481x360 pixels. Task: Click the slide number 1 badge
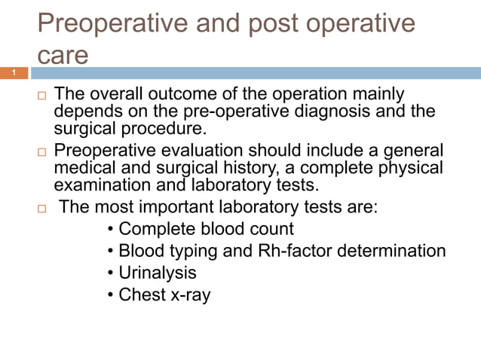(14, 73)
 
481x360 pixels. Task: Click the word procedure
(149, 128)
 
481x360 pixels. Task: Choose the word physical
(406, 166)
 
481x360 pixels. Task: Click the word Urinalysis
(158, 272)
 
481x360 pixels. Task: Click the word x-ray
(188, 294)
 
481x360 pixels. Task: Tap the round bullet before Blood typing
(112, 251)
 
